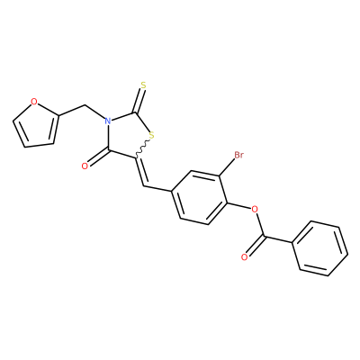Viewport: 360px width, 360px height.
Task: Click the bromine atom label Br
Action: pyautogui.click(x=238, y=155)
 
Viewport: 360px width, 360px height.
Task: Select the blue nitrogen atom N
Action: pyautogui.click(x=108, y=121)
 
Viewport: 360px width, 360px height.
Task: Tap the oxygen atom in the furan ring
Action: pyautogui.click(x=34, y=102)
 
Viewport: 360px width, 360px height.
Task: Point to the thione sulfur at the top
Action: pyautogui.click(x=143, y=85)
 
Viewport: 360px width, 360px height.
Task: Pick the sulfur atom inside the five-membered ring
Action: pyautogui.click(x=151, y=136)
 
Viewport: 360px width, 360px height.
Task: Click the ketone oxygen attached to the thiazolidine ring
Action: pyautogui.click(x=85, y=166)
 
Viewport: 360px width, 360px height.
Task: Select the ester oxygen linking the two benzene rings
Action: pyautogui.click(x=255, y=209)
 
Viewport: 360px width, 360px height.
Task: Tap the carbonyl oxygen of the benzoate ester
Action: pyautogui.click(x=245, y=257)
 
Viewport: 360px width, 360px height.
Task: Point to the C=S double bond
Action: pyautogui.click(x=139, y=102)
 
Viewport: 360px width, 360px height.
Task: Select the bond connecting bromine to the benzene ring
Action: pyautogui.click(x=228, y=167)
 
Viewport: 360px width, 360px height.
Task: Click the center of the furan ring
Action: pyautogui.click(x=36, y=125)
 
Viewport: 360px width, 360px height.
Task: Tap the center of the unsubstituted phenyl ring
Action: pyautogui.click(x=320, y=248)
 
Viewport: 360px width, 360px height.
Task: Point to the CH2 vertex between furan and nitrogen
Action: pyautogui.click(x=85, y=105)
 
